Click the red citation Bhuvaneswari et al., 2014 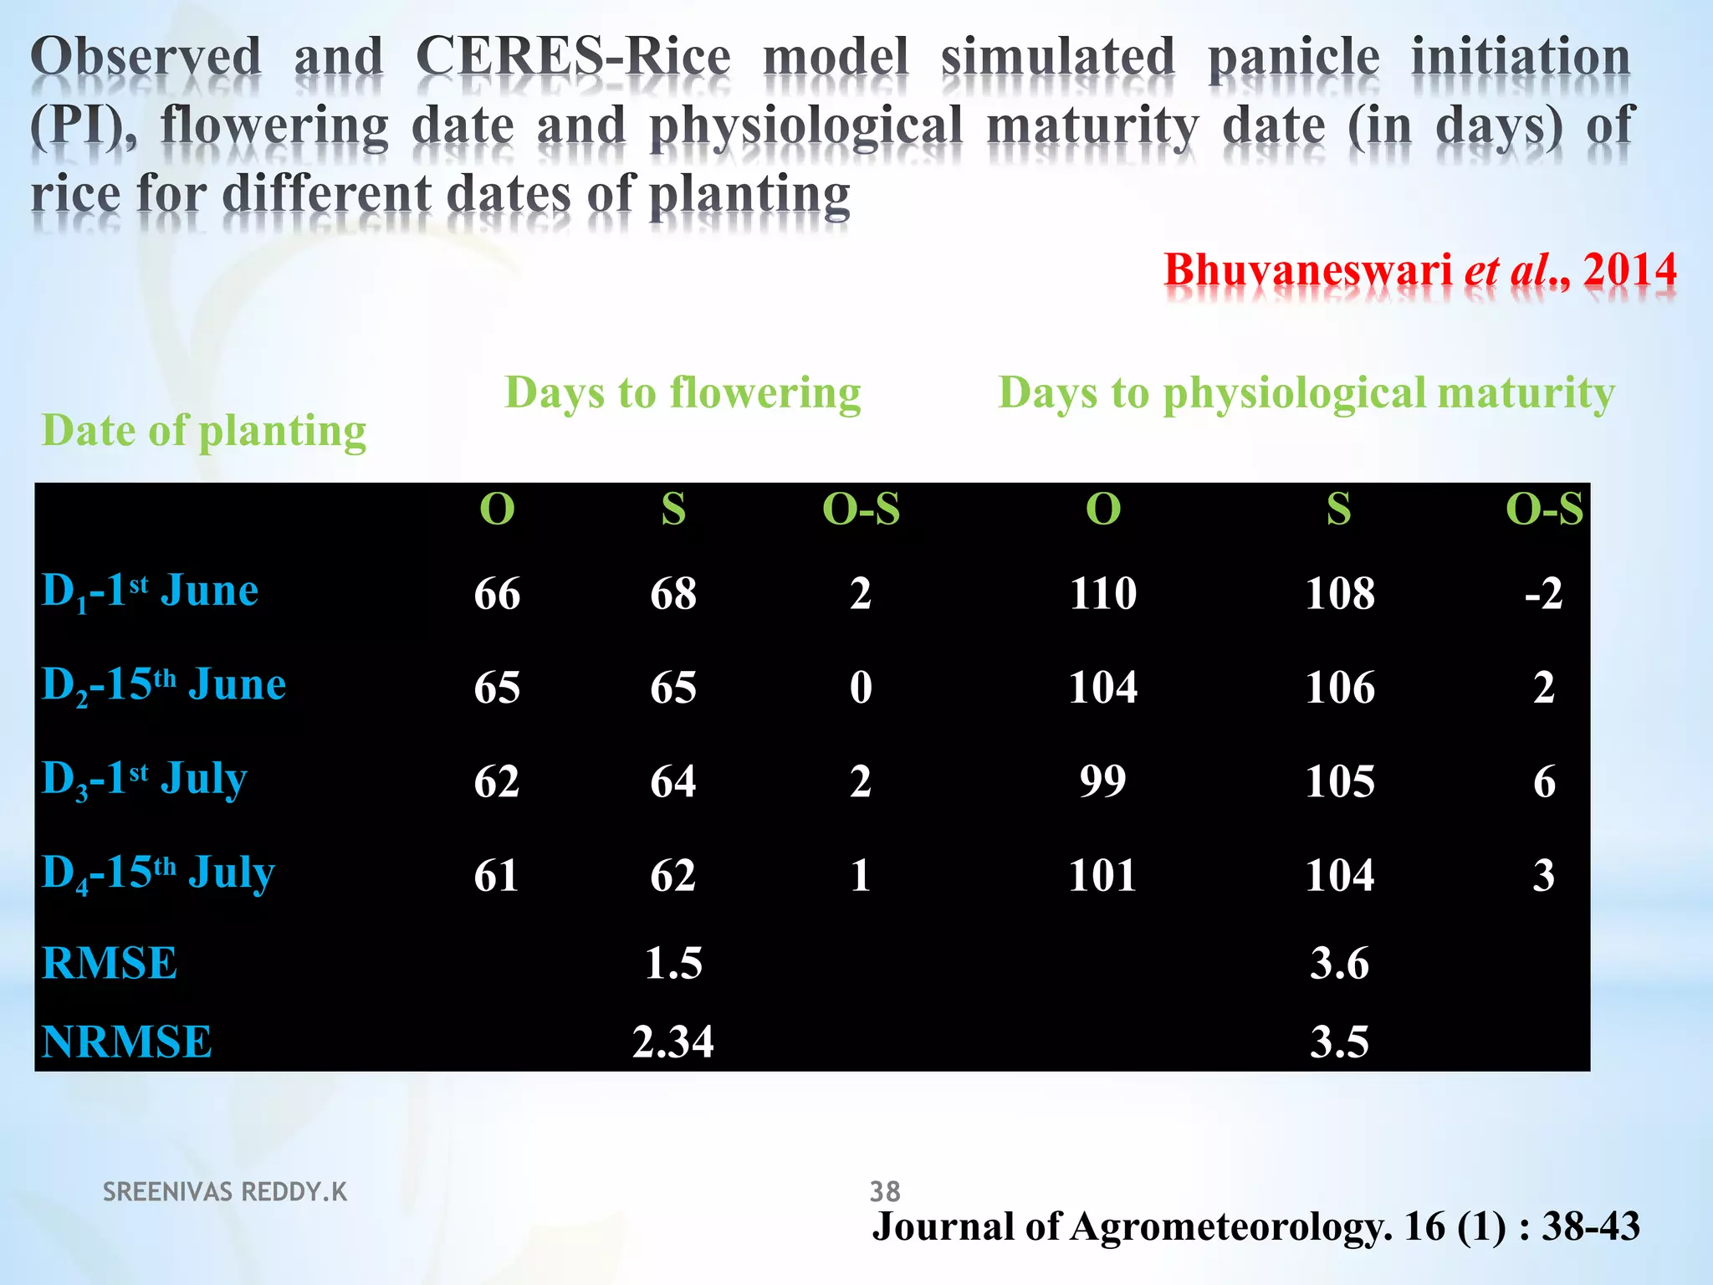(x=1419, y=270)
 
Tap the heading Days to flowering (x=683, y=392)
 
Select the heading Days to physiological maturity (x=1306, y=392)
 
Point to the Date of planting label (x=204, y=431)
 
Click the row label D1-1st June (x=151, y=591)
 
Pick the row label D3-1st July (x=145, y=779)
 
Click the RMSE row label (x=110, y=963)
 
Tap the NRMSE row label (x=126, y=1042)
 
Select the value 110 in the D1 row (x=1102, y=594)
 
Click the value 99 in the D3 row (x=1102, y=781)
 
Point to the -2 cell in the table (x=1543, y=594)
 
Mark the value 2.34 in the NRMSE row (x=672, y=1042)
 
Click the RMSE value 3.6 (x=1339, y=963)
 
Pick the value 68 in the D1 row (x=673, y=594)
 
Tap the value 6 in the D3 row (x=1544, y=781)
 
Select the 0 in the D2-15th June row (x=861, y=688)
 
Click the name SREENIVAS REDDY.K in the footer (x=225, y=1191)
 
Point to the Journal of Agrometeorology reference (x=1255, y=1226)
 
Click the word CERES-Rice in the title (x=573, y=58)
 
